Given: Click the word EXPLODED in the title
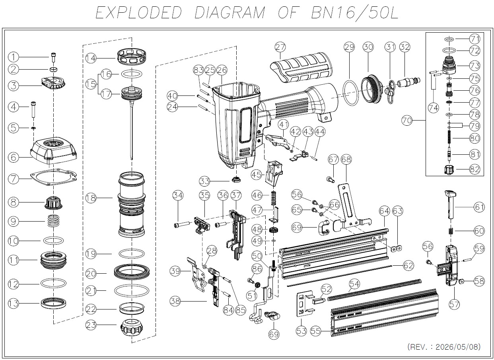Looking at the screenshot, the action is click(138, 13).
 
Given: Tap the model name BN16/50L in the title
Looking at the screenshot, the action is click(355, 13).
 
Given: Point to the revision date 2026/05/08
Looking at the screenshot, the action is click(458, 347).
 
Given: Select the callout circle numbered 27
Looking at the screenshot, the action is click(280, 47).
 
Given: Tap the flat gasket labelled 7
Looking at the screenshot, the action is click(54, 177).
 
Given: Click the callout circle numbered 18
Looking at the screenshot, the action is click(91, 198).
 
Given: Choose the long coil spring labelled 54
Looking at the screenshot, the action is click(374, 290).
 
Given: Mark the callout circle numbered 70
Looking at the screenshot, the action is click(407, 121).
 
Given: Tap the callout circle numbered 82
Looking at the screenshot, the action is click(475, 169).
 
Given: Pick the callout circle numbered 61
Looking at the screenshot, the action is click(479, 207).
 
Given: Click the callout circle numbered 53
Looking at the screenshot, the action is click(301, 331).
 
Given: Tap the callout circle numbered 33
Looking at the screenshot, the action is click(204, 181).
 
